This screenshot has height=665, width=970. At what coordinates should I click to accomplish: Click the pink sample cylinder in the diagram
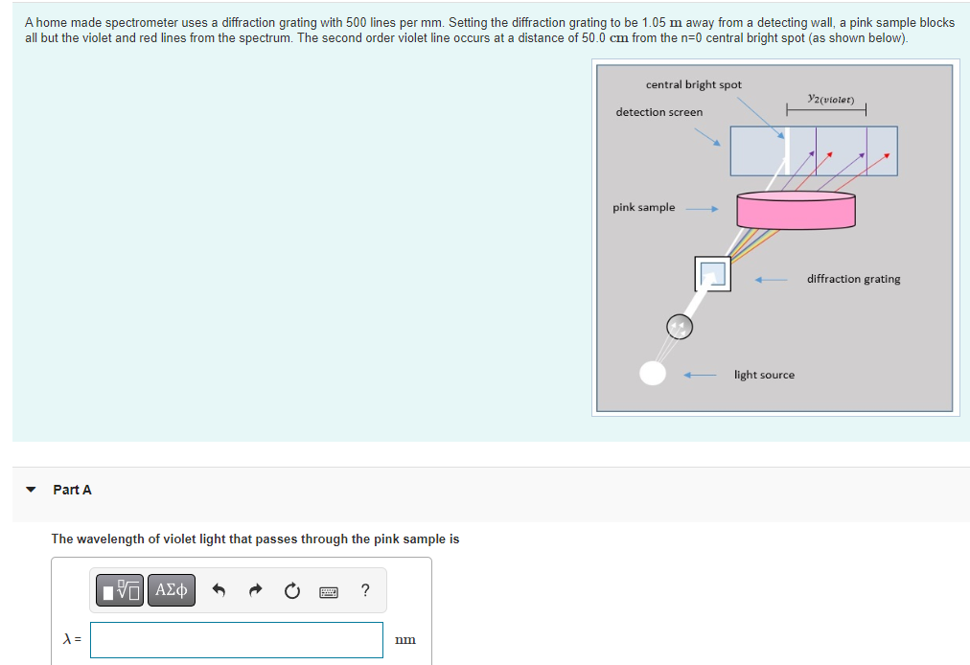796,210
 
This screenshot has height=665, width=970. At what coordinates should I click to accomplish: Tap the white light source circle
653,373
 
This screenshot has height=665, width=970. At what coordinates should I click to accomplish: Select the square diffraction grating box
712,274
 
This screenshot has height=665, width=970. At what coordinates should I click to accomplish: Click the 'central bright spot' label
693,84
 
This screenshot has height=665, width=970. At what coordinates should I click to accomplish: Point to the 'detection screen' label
658,112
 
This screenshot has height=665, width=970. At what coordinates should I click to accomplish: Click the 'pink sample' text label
643,207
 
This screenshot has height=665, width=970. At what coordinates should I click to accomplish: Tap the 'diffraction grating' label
853,279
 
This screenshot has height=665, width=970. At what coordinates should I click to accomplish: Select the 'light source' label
764,375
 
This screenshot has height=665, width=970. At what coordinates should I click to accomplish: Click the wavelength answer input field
237,640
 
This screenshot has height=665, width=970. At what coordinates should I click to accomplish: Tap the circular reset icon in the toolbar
293,591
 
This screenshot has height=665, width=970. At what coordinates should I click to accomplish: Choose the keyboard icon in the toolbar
329,592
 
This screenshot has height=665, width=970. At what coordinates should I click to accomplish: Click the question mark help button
365,590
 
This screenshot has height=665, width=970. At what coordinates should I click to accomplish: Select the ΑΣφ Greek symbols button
171,590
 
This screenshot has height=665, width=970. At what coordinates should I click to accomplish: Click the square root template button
121,590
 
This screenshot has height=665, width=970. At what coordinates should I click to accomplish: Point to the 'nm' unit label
404,640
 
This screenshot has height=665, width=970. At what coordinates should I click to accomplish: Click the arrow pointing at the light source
700,375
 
